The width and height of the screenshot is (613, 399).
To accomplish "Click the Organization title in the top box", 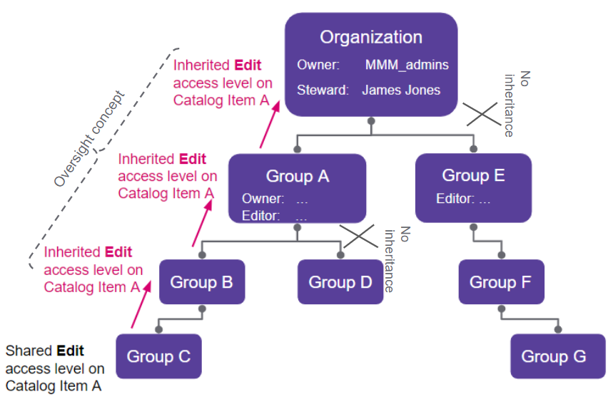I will click(370, 38).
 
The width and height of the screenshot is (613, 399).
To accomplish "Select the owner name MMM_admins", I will click(407, 65).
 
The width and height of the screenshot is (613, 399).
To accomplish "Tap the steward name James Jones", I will click(400, 90).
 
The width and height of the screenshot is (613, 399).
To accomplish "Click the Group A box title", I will click(297, 176).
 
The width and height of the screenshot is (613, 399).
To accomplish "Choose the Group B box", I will click(201, 282).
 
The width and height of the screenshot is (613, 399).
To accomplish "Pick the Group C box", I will click(158, 356).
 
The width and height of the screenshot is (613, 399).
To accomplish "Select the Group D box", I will click(340, 282).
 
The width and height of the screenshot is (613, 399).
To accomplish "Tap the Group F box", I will click(500, 282).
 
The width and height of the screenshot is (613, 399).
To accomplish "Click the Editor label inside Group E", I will click(453, 199).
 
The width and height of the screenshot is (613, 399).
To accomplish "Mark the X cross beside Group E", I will click(482, 113).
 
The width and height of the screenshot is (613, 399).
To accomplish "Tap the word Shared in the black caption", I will click(29, 351).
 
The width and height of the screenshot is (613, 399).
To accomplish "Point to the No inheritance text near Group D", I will click(397, 260).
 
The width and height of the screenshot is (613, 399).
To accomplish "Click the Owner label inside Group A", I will click(263, 199).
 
